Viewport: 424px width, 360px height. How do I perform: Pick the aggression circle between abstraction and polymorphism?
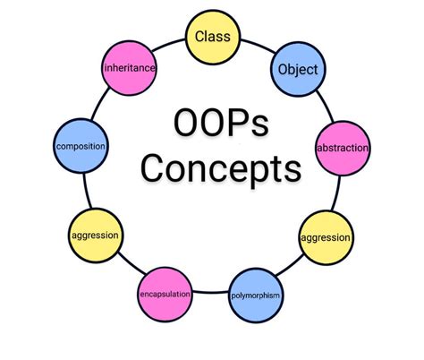tap(325, 238)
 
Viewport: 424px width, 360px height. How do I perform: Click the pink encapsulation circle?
tap(163, 294)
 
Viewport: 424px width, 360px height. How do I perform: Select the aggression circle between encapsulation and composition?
tap(96, 235)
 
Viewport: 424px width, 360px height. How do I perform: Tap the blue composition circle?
tap(81, 146)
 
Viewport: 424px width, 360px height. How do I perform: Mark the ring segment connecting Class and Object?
tap(254, 45)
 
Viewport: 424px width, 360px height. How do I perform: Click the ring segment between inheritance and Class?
tap(170, 45)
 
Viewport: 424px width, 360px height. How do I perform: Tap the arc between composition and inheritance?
tap(98, 104)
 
